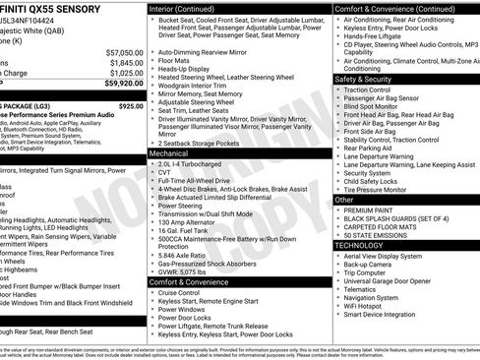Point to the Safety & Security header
(x=364, y=79)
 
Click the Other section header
(x=344, y=199)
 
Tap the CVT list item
(x=164, y=173)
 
